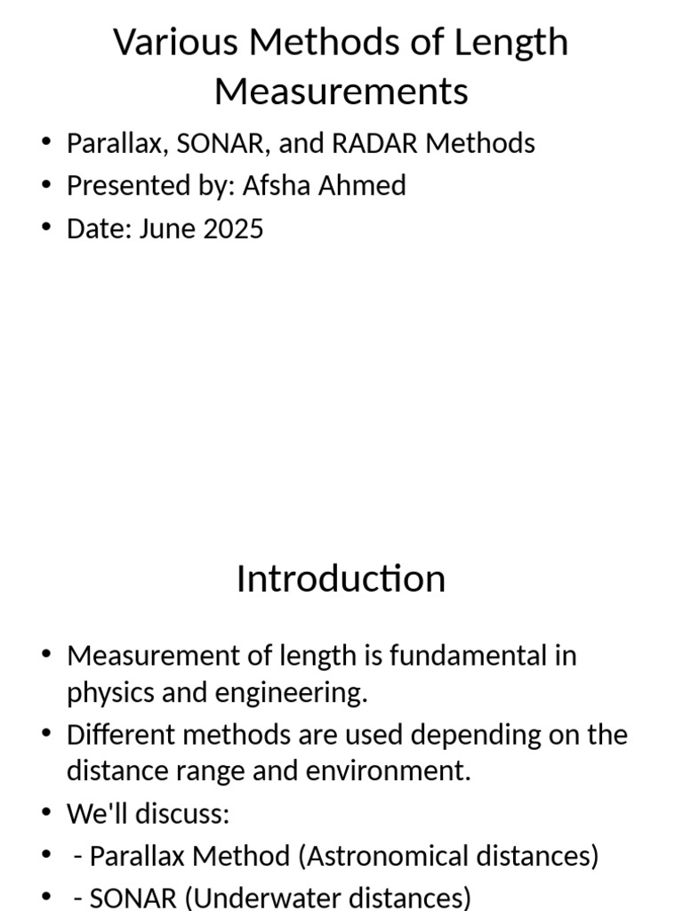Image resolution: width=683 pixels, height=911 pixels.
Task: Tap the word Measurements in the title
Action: [x=341, y=91]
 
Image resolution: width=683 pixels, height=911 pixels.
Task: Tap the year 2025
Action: [x=233, y=229]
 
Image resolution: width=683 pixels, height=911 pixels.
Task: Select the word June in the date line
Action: [x=167, y=229]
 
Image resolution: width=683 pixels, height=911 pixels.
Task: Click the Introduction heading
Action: [x=341, y=578]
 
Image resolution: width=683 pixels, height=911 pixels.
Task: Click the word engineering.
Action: [x=305, y=693]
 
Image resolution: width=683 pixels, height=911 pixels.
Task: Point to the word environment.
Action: [x=397, y=770]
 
